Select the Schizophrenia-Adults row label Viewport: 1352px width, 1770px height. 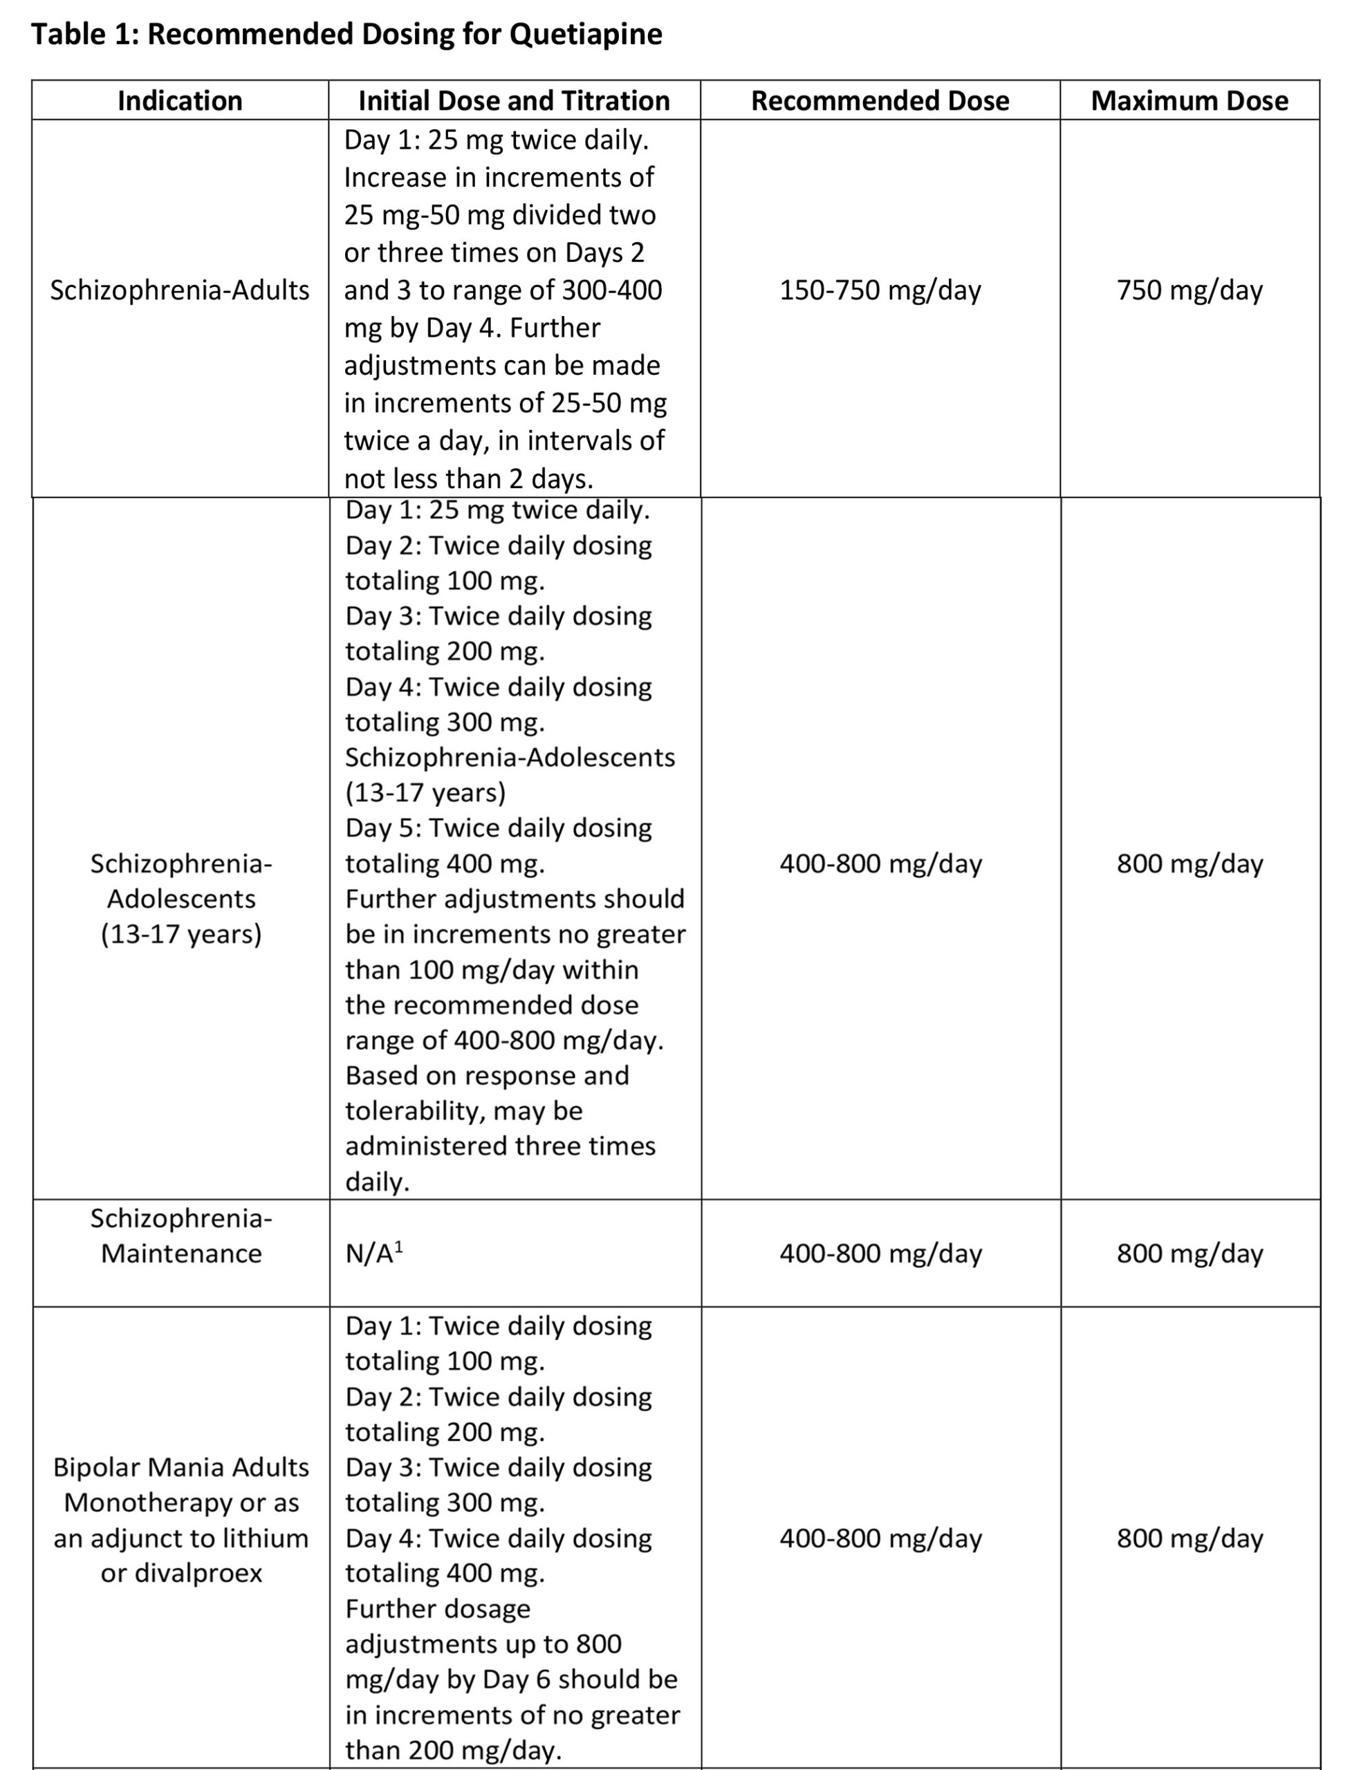coord(180,290)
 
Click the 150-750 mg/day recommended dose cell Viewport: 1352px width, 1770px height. coord(880,290)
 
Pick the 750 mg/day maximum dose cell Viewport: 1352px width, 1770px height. coord(1189,290)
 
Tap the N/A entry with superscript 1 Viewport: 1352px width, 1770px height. coord(374,1254)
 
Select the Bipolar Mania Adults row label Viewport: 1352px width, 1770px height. coord(181,1467)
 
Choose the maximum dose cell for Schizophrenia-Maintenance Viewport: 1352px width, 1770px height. coord(1189,1254)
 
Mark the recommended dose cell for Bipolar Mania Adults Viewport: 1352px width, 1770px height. coord(880,1538)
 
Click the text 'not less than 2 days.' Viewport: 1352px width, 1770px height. coord(468,478)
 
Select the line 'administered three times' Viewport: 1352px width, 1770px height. coord(500,1146)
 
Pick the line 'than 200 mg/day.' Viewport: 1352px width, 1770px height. coord(453,1750)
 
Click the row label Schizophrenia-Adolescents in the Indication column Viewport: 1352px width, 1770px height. coord(181,899)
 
